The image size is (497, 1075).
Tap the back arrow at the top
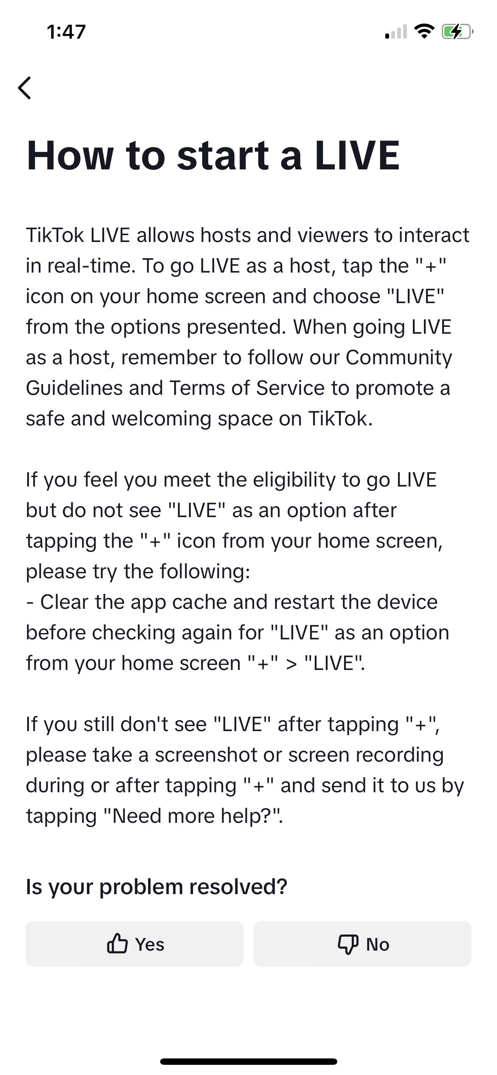(25, 88)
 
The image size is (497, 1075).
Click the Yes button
(134, 944)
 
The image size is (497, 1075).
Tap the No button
(362, 944)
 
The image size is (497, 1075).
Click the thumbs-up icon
(117, 944)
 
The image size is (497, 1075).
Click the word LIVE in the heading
(357, 155)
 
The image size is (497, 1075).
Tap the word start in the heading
(223, 155)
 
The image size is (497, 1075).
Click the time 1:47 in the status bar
(66, 32)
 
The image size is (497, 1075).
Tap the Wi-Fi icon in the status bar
(424, 31)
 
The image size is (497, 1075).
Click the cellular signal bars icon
(396, 32)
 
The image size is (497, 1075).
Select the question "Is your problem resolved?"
(157, 887)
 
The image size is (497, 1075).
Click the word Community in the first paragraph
(399, 357)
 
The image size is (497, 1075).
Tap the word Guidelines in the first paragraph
(74, 388)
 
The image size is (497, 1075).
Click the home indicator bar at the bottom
(248, 1061)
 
